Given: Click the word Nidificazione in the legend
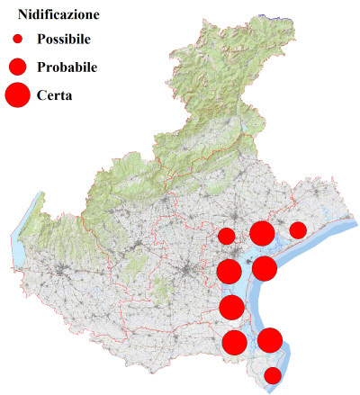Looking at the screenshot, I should click(58, 15).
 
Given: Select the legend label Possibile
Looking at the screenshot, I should click(64, 40).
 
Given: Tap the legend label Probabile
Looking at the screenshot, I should click(67, 67).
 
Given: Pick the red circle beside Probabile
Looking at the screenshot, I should click(17, 67).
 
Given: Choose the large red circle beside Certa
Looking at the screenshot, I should click(17, 94).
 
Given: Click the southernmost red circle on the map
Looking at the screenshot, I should click(273, 375).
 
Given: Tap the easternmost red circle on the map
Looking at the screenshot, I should click(298, 230).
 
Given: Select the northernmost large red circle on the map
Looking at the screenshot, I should click(262, 234).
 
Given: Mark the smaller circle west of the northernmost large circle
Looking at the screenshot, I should click(227, 237).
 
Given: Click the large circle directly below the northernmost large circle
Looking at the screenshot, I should click(265, 268).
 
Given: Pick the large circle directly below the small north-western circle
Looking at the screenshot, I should click(229, 272).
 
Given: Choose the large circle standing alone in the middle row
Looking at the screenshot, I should click(231, 308).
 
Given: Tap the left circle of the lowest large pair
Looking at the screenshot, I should click(234, 342).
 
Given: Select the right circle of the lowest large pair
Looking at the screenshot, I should click(270, 340).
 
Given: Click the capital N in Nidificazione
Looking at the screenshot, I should click(23, 15).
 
